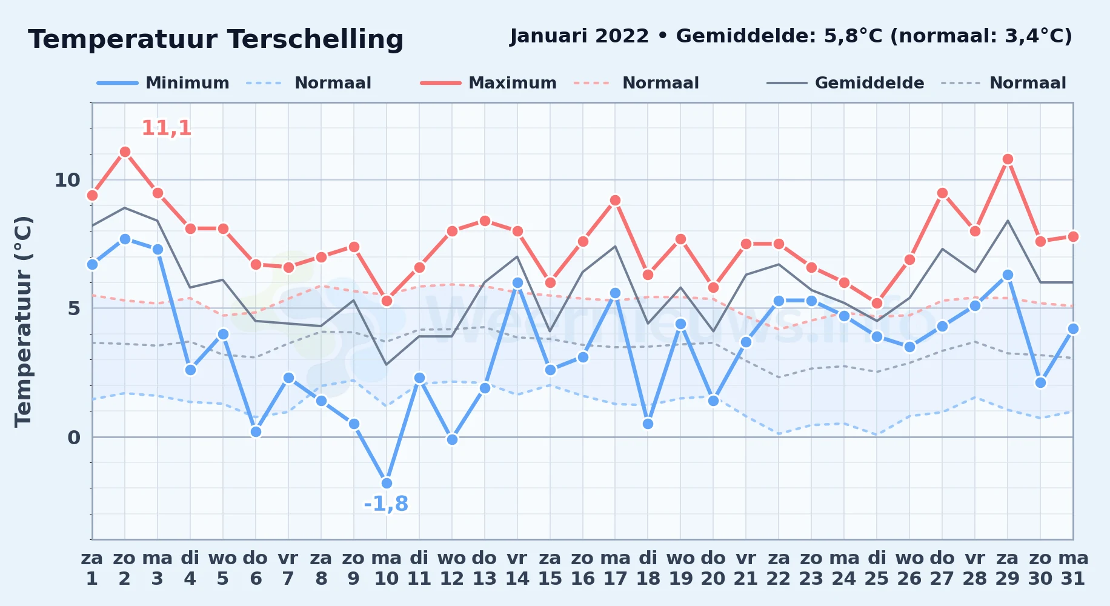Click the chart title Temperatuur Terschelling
click(216, 39)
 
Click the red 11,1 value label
click(167, 128)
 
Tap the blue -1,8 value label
click(386, 504)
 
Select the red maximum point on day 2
click(125, 151)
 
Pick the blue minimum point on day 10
click(387, 483)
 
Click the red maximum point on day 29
click(1008, 159)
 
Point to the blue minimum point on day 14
click(517, 282)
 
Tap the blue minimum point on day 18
click(648, 424)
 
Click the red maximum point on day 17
click(615, 200)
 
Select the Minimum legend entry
click(163, 83)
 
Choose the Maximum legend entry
click(488, 83)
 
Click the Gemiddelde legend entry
click(846, 83)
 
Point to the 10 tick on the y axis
click(67, 180)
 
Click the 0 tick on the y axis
click(74, 437)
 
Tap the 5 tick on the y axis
click(74, 308)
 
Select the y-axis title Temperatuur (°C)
click(23, 321)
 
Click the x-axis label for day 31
click(1073, 568)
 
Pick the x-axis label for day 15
click(550, 568)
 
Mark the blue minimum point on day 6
click(256, 431)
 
